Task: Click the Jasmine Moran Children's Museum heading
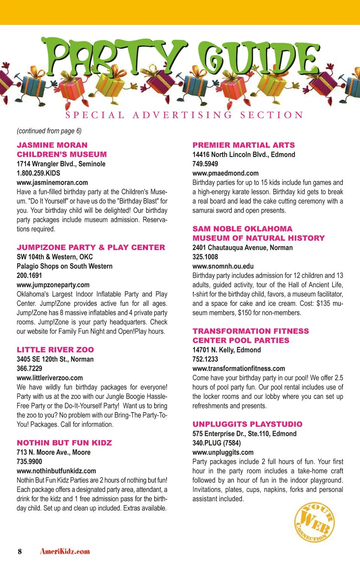pyautogui.click(x=62, y=150)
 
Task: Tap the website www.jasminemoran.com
pyautogui.click(x=52, y=183)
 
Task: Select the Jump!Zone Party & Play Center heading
pyautogui.click(x=91, y=247)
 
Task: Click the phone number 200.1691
pyautogui.click(x=29, y=275)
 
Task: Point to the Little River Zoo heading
pyautogui.click(x=55, y=350)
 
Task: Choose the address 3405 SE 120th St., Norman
pyautogui.click(x=55, y=359)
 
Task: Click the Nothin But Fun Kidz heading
pyautogui.click(x=64, y=443)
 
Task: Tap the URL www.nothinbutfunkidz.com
pyautogui.click(x=56, y=471)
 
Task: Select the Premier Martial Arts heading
pyautogui.click(x=243, y=145)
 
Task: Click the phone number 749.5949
pyautogui.click(x=205, y=164)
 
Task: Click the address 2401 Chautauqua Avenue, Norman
pyautogui.click(x=242, y=247)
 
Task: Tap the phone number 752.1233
pyautogui.click(x=205, y=359)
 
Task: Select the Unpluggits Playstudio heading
pyautogui.click(x=247, y=424)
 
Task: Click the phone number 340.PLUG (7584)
pyautogui.click(x=216, y=443)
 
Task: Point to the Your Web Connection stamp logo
pyautogui.click(x=314, y=522)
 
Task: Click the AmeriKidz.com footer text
pyautogui.click(x=65, y=551)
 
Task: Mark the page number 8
pyautogui.click(x=20, y=551)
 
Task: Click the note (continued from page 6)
pyautogui.click(x=49, y=131)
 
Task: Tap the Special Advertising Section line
pyautogui.click(x=184, y=115)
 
